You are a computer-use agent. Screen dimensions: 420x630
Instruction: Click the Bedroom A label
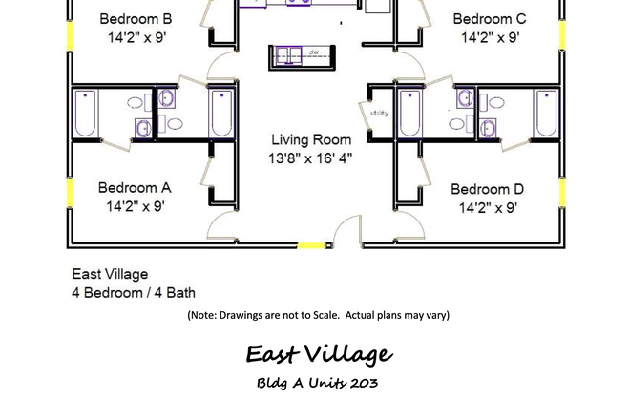(x=135, y=188)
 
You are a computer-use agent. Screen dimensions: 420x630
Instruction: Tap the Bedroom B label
(x=136, y=19)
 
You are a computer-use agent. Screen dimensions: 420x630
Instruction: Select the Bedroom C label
(x=489, y=19)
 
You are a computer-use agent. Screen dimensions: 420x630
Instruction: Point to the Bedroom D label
(x=487, y=189)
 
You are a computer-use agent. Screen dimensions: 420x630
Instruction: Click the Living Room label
(x=310, y=139)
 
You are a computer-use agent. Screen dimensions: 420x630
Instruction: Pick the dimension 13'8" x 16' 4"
(x=310, y=158)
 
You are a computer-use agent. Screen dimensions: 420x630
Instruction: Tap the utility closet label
(x=379, y=113)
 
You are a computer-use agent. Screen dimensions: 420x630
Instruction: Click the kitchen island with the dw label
(x=299, y=55)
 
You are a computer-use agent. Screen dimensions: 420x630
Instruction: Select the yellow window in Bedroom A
(x=69, y=192)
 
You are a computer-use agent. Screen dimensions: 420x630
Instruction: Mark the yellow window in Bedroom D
(x=561, y=192)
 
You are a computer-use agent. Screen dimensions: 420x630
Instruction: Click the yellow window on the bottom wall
(x=310, y=245)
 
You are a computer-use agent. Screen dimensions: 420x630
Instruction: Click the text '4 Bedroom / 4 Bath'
(x=134, y=293)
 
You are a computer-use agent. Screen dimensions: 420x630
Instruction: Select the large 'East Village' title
(x=318, y=355)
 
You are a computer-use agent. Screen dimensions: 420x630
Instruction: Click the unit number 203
(x=364, y=384)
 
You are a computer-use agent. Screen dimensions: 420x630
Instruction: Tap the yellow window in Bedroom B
(x=69, y=35)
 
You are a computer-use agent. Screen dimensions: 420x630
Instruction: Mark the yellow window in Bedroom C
(x=561, y=35)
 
